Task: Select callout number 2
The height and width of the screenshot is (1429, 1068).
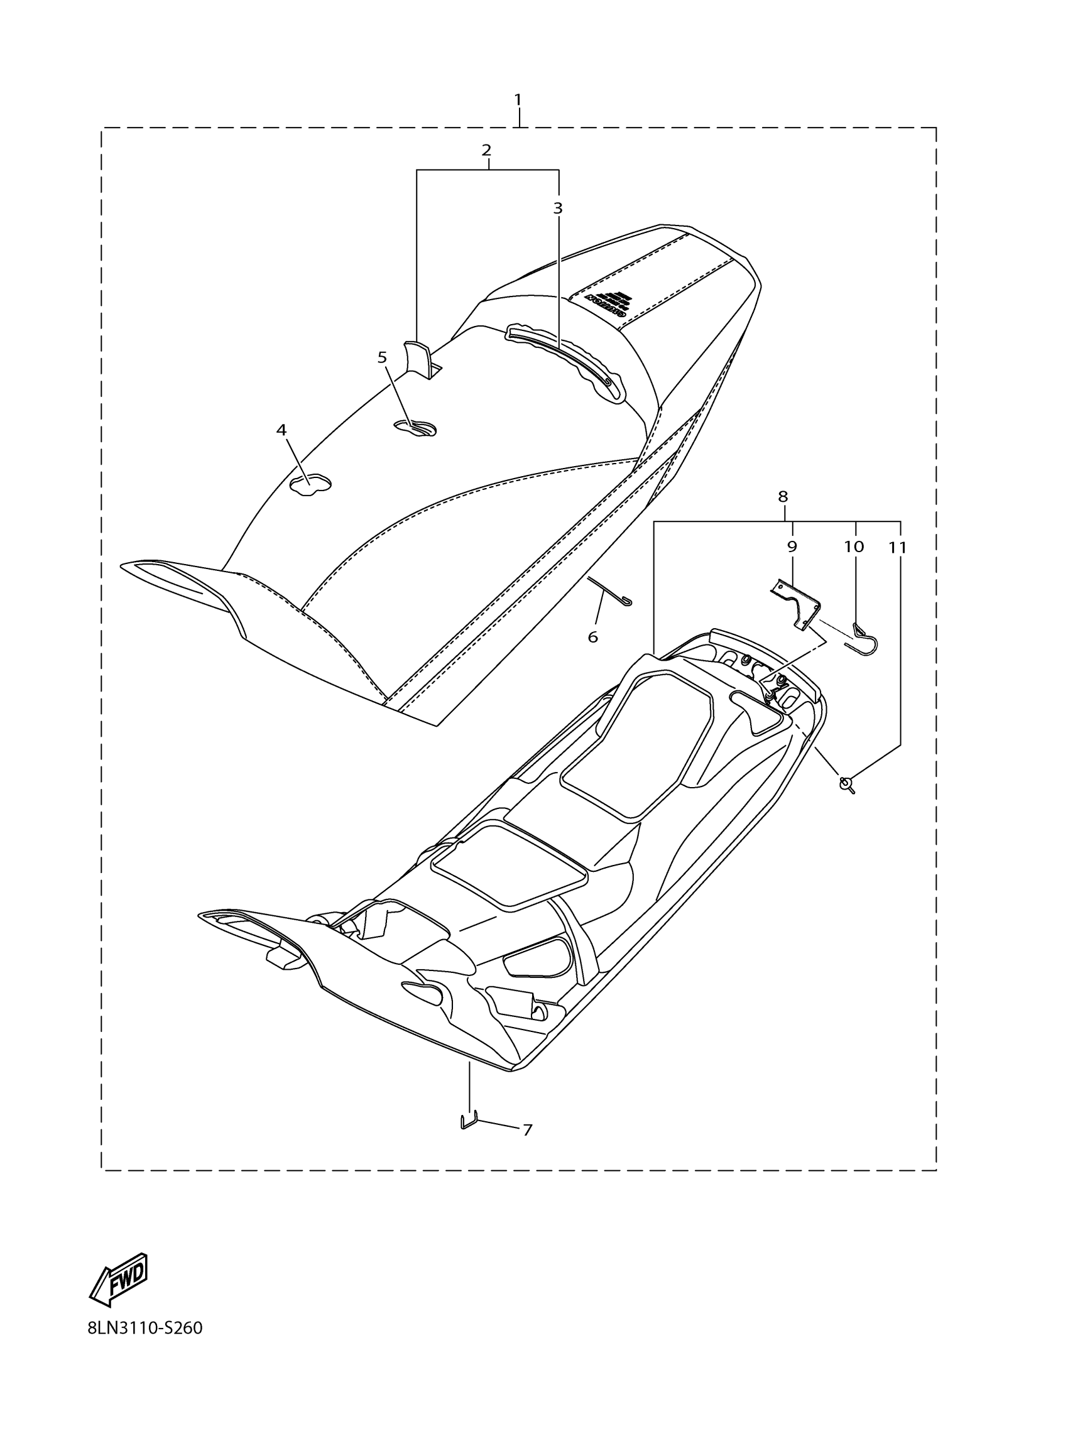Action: click(x=486, y=150)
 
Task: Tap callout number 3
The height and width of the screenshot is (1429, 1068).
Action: click(x=558, y=208)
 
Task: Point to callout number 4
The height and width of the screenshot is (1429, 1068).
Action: click(x=281, y=430)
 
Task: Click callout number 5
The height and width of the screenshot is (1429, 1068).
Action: click(x=382, y=357)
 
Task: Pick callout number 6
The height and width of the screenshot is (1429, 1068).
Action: click(x=592, y=637)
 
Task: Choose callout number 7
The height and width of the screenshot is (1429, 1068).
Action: click(x=527, y=1131)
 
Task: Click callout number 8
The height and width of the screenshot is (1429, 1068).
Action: click(x=783, y=496)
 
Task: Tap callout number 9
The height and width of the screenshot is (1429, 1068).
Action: click(x=792, y=546)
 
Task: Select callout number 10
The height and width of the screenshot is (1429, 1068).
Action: click(x=854, y=546)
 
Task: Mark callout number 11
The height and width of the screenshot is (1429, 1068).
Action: click(x=897, y=548)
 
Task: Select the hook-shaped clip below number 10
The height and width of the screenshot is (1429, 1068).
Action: click(x=866, y=638)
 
